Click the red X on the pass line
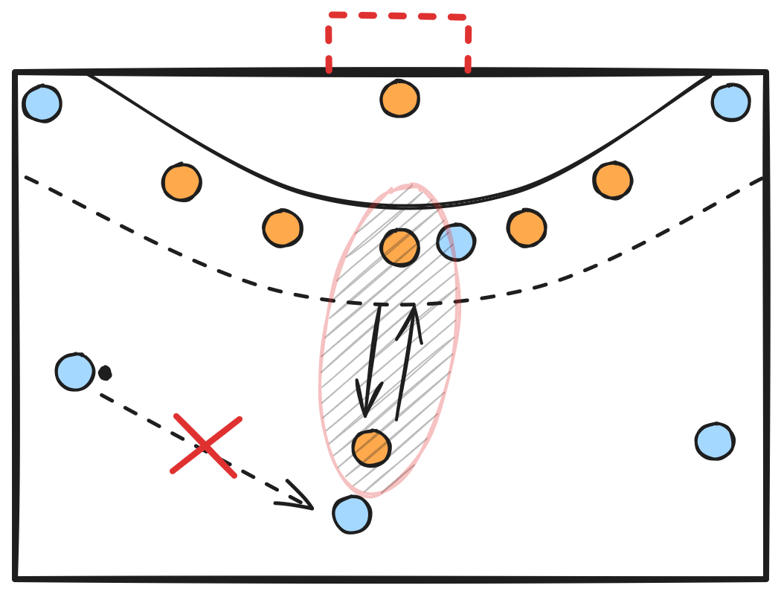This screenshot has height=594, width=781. (x=205, y=445)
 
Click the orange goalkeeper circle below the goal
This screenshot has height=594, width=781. (x=399, y=99)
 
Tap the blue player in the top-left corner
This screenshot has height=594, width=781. (x=42, y=103)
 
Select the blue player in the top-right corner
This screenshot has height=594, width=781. (x=730, y=103)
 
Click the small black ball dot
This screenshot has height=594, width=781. (x=105, y=372)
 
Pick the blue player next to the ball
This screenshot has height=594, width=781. (x=74, y=372)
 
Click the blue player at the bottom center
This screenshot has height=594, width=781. (x=352, y=514)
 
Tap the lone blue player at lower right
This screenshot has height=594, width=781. (x=715, y=442)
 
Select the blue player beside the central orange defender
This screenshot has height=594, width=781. (x=456, y=242)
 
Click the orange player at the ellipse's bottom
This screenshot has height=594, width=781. (x=371, y=448)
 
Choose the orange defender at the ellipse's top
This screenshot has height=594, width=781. (x=399, y=247)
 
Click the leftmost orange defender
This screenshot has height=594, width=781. (x=181, y=182)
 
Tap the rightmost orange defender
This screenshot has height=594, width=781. (x=613, y=180)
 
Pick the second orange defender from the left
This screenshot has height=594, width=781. (x=282, y=227)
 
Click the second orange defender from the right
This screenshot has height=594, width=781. (x=527, y=227)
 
